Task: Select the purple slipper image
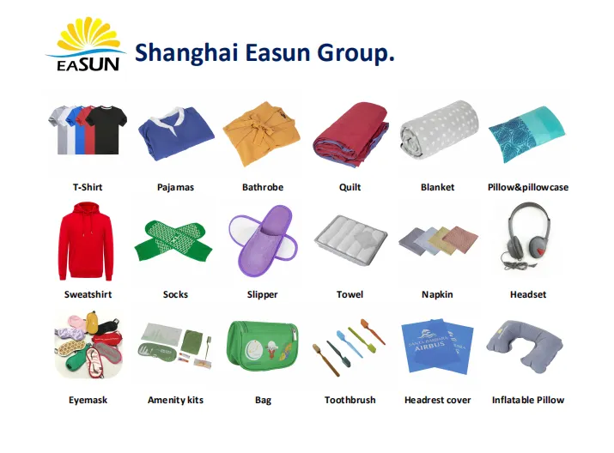pyautogui.click(x=262, y=239)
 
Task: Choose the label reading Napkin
pyautogui.click(x=437, y=294)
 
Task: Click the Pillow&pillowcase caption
pyautogui.click(x=527, y=187)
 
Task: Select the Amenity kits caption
pyautogui.click(x=175, y=400)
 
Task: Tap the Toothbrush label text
pyautogui.click(x=350, y=400)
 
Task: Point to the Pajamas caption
pyautogui.click(x=175, y=187)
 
